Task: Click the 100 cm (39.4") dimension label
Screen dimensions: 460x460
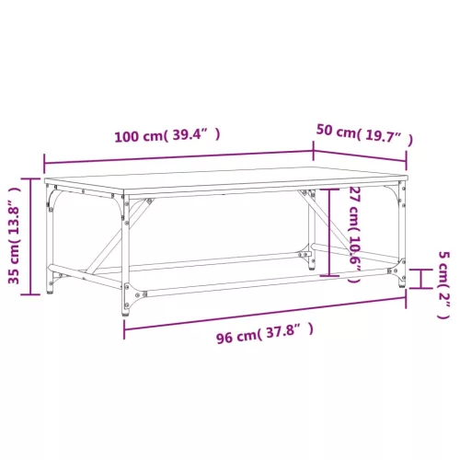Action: click(x=167, y=135)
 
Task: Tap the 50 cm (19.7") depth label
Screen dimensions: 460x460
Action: click(x=364, y=133)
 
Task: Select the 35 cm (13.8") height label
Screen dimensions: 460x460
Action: click(x=15, y=236)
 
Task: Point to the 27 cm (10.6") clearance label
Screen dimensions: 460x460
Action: click(x=354, y=235)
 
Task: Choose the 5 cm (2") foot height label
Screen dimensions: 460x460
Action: click(x=443, y=285)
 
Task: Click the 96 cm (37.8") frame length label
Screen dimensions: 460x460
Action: click(x=265, y=333)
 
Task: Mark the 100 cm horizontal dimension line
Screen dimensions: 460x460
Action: click(x=178, y=156)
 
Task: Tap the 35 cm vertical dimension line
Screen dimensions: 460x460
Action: click(x=30, y=236)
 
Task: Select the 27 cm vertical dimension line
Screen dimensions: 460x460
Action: click(x=329, y=233)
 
